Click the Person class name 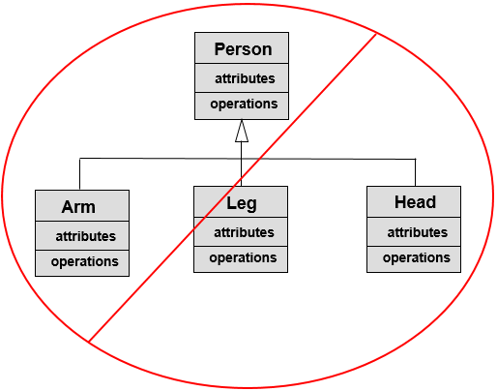click(x=242, y=49)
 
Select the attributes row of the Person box click(x=242, y=78)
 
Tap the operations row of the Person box click(x=242, y=104)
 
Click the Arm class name click(x=79, y=207)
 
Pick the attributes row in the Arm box click(x=83, y=236)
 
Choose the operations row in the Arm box click(x=83, y=261)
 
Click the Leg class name click(x=242, y=203)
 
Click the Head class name click(x=415, y=202)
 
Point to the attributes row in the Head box click(x=416, y=232)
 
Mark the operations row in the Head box click(x=416, y=257)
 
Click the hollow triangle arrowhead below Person click(x=242, y=133)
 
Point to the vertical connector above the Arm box click(x=79, y=174)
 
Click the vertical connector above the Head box click(x=415, y=172)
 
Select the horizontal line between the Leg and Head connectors click(x=329, y=159)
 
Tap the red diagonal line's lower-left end click(x=90, y=340)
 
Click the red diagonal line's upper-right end click(x=374, y=35)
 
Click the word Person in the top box click(x=242, y=49)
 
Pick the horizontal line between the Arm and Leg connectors click(x=160, y=159)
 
